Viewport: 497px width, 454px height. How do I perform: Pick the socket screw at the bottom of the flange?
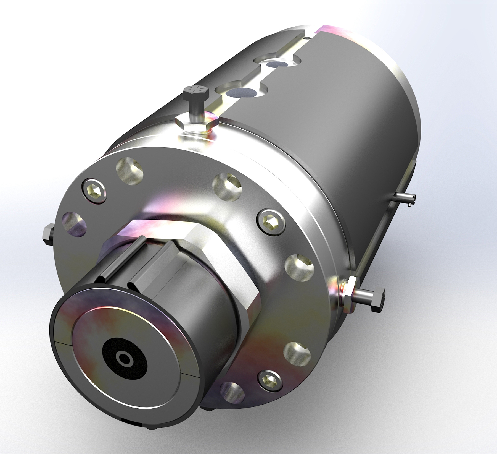point(269,379)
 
